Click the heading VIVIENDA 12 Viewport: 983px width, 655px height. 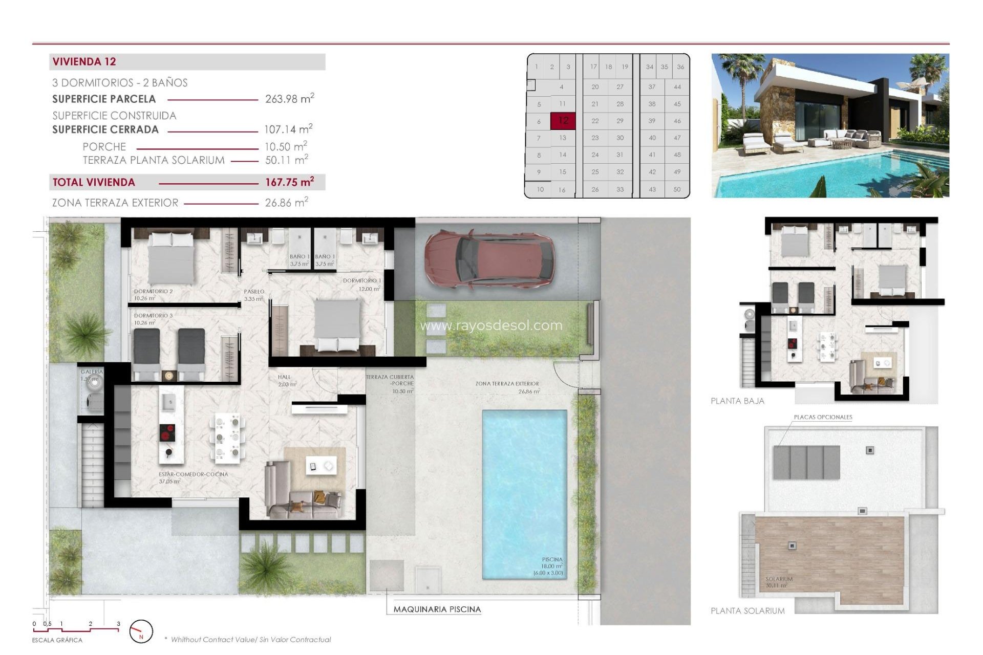pyautogui.click(x=84, y=62)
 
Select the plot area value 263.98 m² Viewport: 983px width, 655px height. pyautogui.click(x=289, y=99)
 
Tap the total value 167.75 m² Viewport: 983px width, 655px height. pyautogui.click(x=289, y=182)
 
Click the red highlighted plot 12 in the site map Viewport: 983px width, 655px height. pyautogui.click(x=563, y=121)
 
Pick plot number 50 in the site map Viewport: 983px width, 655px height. pyautogui.click(x=677, y=189)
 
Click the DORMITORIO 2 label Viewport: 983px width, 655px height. pyautogui.click(x=153, y=291)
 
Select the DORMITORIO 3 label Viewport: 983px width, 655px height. pyautogui.click(x=153, y=316)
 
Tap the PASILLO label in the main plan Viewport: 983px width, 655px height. pyautogui.click(x=254, y=292)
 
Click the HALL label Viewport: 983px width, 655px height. pyautogui.click(x=284, y=377)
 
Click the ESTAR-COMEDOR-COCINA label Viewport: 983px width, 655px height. pyautogui.click(x=193, y=474)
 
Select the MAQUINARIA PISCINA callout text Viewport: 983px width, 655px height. pyautogui.click(x=437, y=609)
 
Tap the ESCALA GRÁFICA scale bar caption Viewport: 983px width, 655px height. pyautogui.click(x=57, y=640)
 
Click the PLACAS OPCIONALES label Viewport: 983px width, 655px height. pyautogui.click(x=823, y=417)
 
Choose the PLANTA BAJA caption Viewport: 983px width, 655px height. pyautogui.click(x=737, y=401)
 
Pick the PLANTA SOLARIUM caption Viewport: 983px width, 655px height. pyautogui.click(x=747, y=611)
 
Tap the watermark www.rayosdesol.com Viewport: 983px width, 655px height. pyautogui.click(x=491, y=325)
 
